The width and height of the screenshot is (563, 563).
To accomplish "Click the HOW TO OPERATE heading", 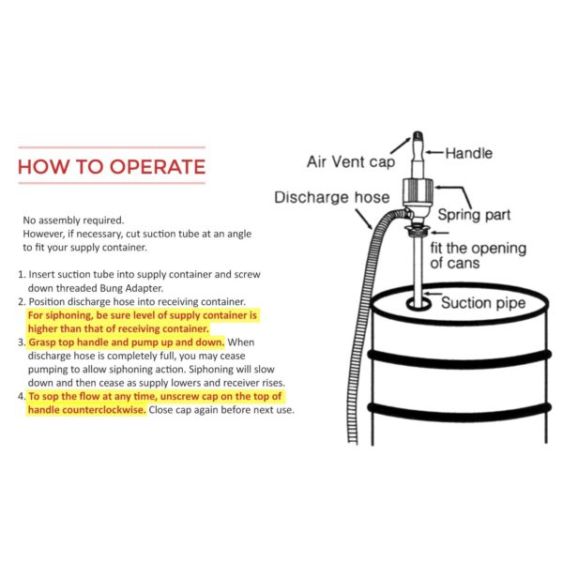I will [x=111, y=167].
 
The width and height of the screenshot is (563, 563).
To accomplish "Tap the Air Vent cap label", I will [x=350, y=161].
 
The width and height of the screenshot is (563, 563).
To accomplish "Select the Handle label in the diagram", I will [x=468, y=152].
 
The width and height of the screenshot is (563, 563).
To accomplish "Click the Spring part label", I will [x=475, y=215].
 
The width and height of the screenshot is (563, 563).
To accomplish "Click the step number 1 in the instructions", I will [x=21, y=274].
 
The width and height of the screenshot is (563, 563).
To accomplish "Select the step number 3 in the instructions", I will [x=21, y=342].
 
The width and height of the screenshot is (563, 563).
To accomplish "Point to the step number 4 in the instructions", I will [x=21, y=397].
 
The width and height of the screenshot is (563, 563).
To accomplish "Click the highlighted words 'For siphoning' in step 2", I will [x=62, y=315].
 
